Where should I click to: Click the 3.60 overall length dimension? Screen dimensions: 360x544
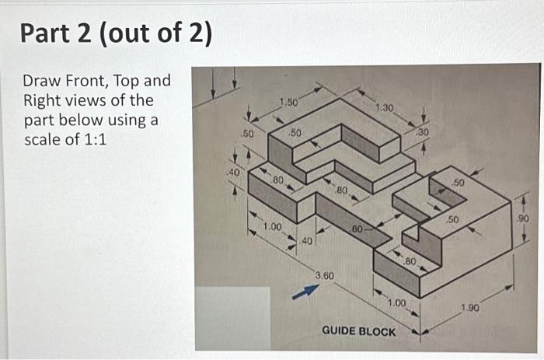click(324, 275)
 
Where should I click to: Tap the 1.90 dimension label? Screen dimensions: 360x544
click(469, 308)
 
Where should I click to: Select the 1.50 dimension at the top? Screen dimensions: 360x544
click(287, 103)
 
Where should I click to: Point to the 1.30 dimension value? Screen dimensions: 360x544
click(384, 107)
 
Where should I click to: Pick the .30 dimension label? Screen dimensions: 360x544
click(423, 132)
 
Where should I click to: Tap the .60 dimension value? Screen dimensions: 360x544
click(357, 229)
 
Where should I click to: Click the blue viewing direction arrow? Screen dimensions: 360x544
click(305, 290)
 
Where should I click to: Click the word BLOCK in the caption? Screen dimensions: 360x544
click(378, 331)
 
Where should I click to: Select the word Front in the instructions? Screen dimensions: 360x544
click(85, 81)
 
